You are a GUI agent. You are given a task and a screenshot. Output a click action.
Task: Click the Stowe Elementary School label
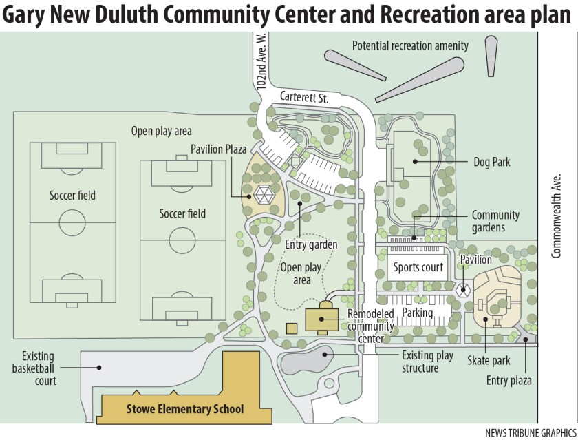(x=185, y=410)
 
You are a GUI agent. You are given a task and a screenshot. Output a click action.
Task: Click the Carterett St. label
(x=303, y=98)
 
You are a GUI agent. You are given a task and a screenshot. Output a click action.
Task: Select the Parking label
(x=418, y=313)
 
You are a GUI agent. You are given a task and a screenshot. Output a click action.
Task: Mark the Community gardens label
(x=495, y=221)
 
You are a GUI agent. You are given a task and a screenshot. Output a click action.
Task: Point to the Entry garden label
(x=311, y=244)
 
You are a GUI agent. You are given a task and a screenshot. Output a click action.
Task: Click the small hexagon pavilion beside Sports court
(x=464, y=291)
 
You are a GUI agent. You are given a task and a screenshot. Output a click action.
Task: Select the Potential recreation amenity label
(x=410, y=45)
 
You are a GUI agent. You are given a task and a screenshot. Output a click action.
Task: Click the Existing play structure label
(x=428, y=362)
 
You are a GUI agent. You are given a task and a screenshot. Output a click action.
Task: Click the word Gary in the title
(x=25, y=15)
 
